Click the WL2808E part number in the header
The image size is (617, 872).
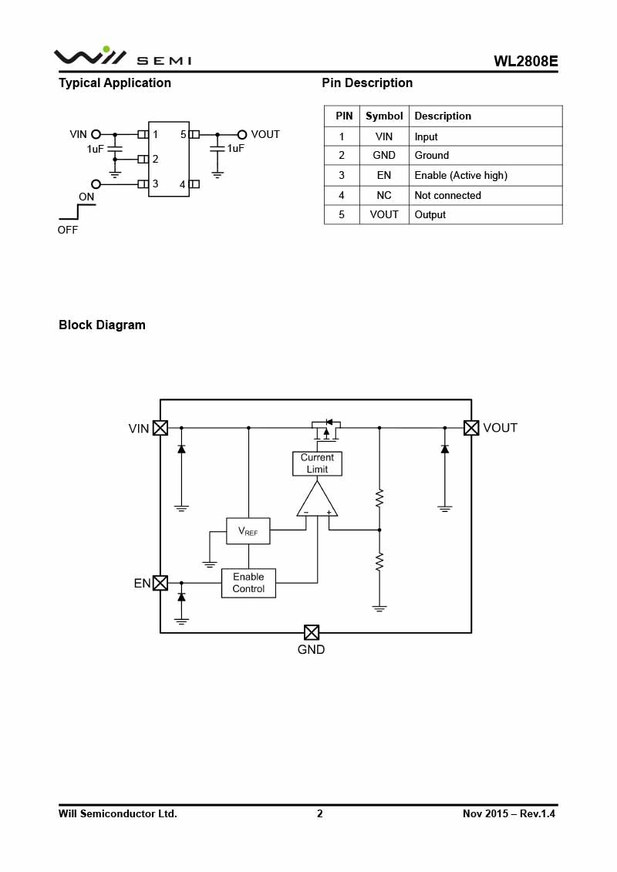(526, 62)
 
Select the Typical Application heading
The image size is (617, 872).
(115, 83)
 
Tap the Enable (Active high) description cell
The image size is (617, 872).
(460, 176)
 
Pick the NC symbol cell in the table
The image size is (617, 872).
(384, 196)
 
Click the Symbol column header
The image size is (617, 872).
(384, 116)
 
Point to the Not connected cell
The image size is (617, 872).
(447, 196)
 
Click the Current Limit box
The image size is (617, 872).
(317, 463)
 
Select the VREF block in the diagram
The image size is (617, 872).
(248, 531)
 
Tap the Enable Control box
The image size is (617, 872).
(248, 583)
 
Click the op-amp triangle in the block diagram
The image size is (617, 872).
(317, 501)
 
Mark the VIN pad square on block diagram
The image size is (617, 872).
(160, 428)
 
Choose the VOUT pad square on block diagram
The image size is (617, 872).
(471, 428)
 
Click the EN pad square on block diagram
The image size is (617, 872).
(160, 583)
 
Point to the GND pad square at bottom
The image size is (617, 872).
(312, 632)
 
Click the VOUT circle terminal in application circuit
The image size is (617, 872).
(242, 134)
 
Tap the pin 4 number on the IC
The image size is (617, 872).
(183, 184)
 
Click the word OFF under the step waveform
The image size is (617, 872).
(68, 230)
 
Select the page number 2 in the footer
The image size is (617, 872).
(320, 813)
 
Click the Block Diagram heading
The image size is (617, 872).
(102, 325)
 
